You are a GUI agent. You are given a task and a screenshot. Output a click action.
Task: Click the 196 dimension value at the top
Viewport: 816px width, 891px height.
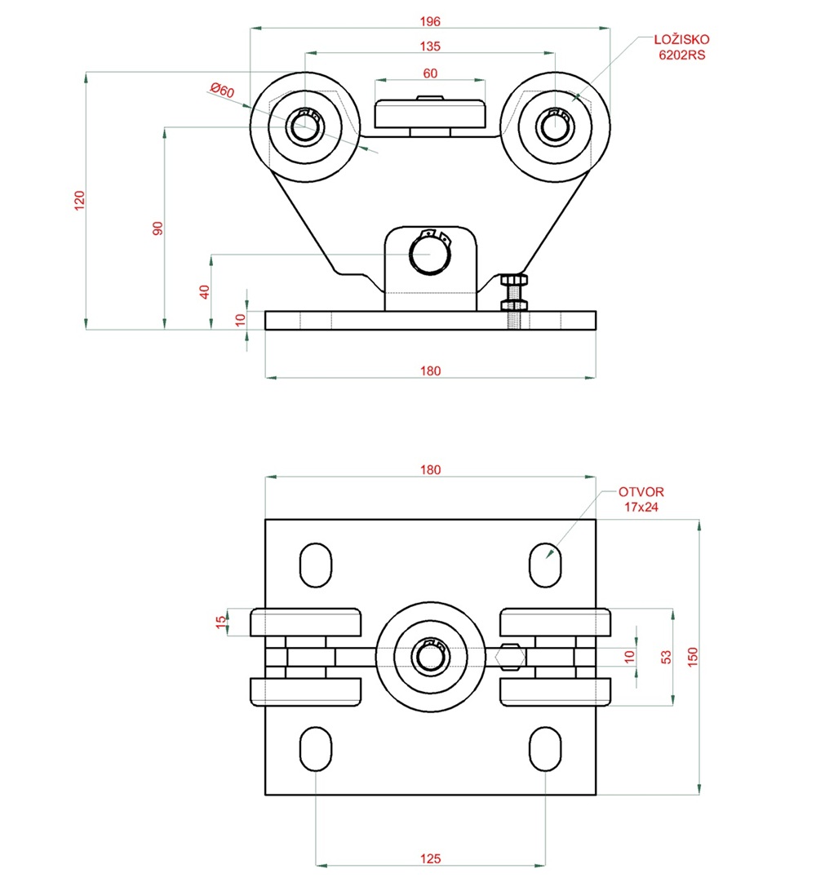point(430,21)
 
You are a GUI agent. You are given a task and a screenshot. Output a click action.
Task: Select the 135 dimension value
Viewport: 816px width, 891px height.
point(430,47)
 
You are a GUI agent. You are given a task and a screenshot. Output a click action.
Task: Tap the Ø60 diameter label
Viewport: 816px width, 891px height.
point(222,90)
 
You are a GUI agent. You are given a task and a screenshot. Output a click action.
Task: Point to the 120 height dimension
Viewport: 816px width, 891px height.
point(79,201)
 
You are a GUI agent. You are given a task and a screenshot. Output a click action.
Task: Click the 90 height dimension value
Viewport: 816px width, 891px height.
point(157,228)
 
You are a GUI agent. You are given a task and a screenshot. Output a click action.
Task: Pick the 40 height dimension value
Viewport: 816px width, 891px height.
point(205,291)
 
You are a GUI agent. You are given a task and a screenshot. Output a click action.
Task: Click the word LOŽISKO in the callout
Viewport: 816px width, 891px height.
point(682,40)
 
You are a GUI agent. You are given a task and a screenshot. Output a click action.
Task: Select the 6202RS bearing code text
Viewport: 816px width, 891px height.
point(682,55)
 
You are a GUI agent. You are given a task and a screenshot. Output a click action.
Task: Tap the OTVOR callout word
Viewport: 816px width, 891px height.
point(641,492)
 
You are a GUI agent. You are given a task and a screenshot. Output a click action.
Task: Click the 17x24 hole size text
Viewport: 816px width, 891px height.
point(641,507)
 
